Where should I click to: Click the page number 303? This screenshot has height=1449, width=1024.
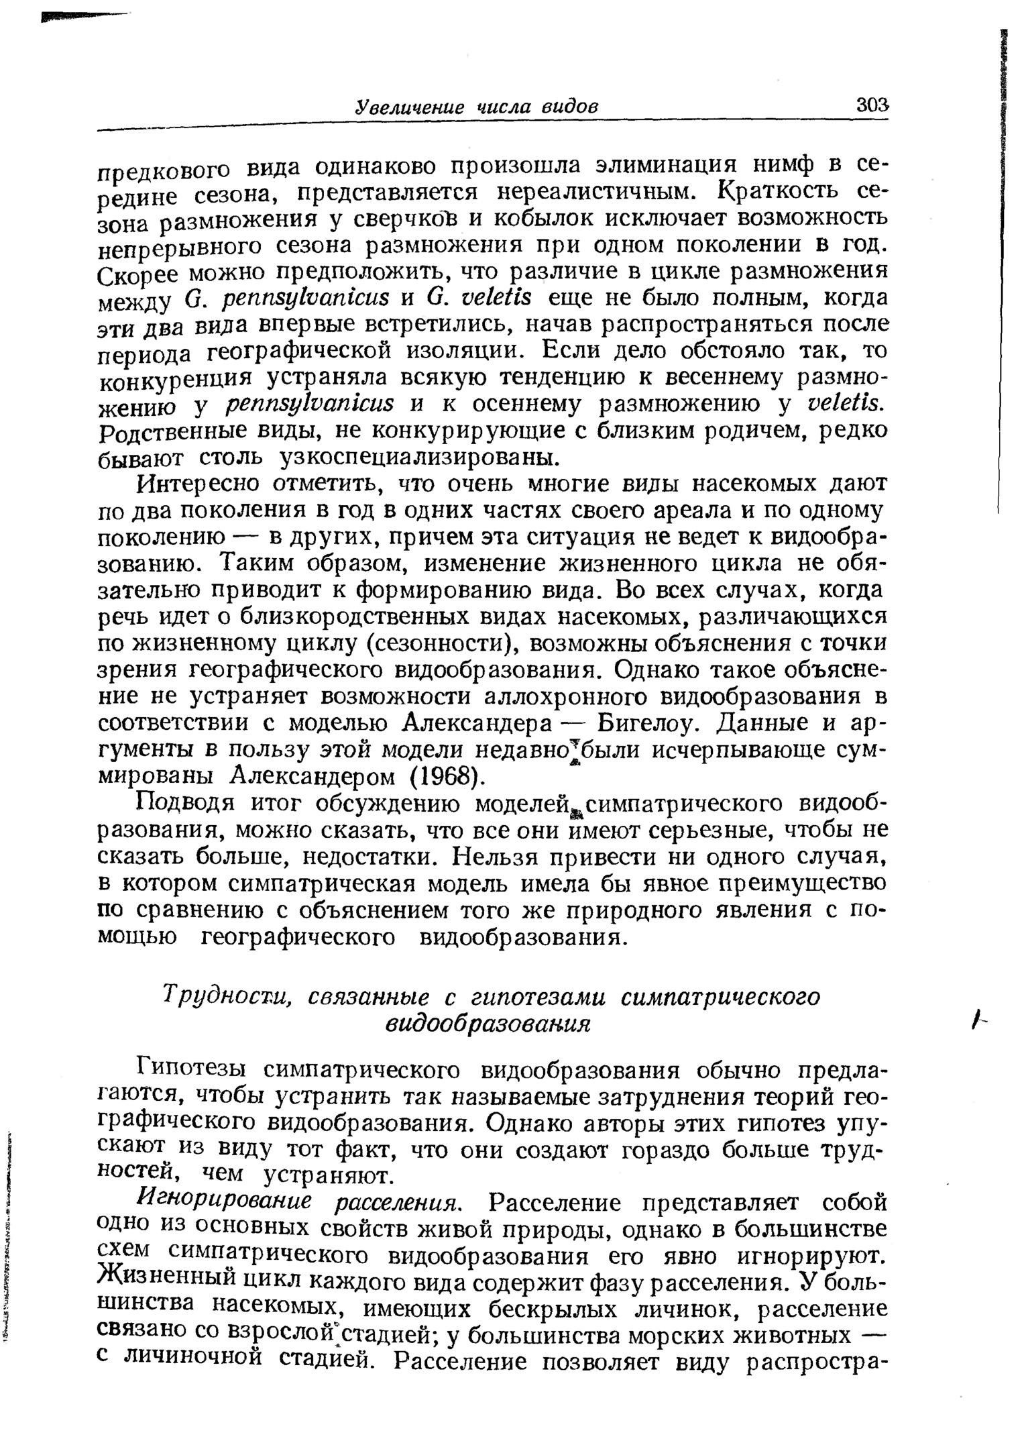871,105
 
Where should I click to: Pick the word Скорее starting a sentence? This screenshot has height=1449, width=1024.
138,275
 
